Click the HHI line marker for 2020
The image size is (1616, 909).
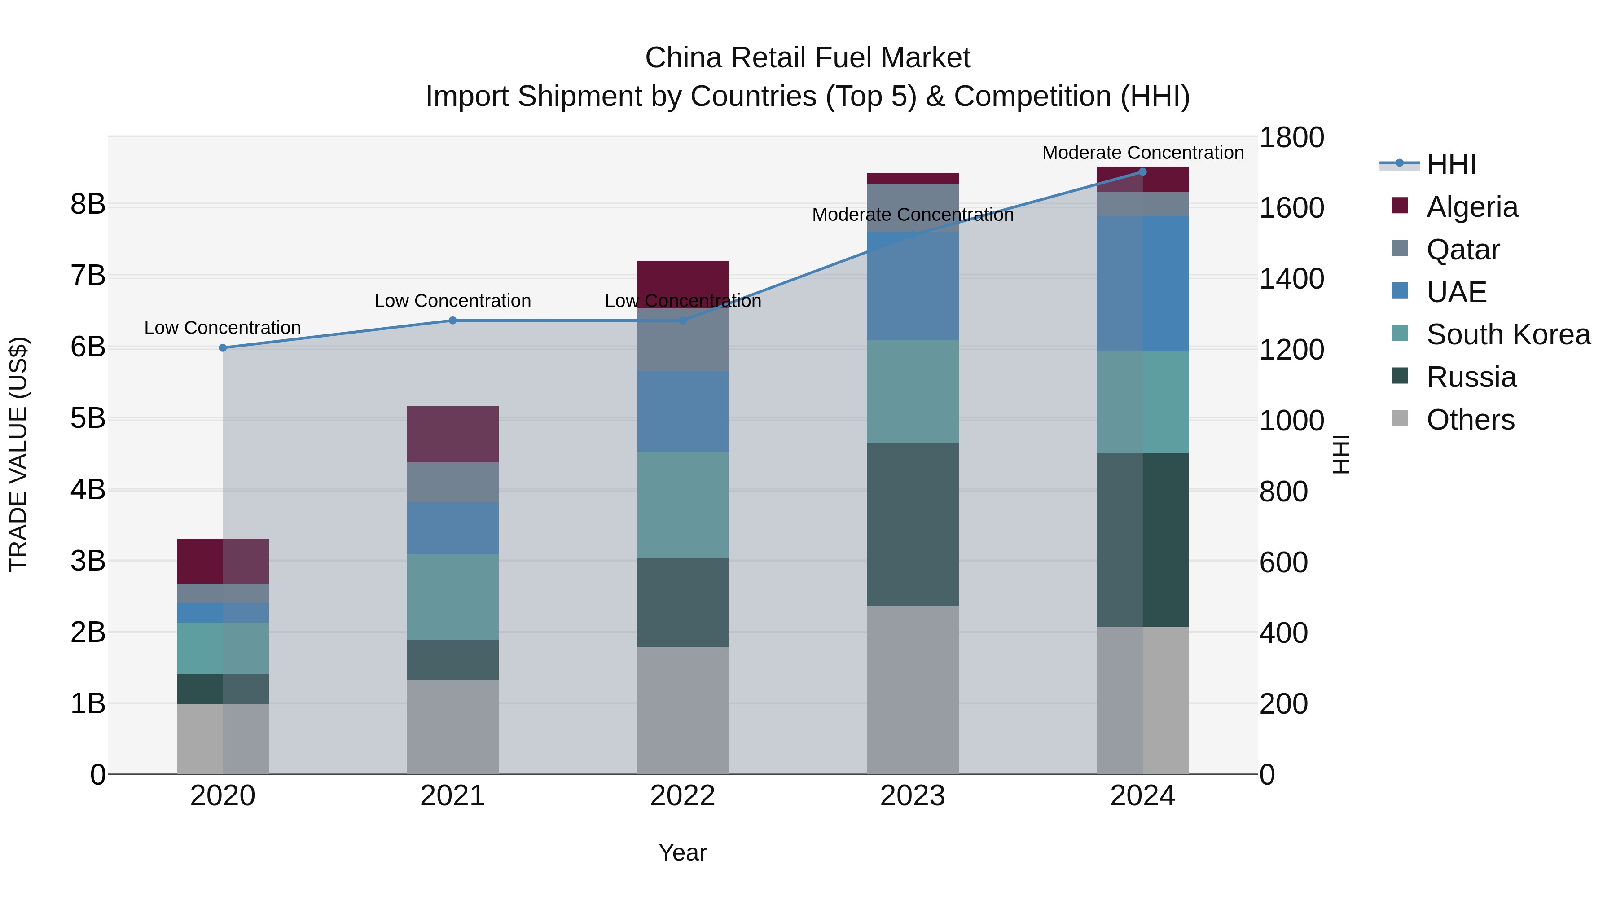223,347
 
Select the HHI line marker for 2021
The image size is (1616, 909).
452,321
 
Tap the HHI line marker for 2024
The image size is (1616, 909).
1142,172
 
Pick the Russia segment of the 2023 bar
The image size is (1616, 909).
913,524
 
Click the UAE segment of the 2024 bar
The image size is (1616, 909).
1142,284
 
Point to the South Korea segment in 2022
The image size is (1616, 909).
682,505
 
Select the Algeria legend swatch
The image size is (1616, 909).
1400,206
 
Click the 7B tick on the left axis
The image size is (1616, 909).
88,276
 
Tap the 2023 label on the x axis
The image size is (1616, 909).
913,796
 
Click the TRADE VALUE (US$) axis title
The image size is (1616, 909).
19,454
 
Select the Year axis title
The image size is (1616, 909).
682,852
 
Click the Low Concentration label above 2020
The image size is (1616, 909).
223,328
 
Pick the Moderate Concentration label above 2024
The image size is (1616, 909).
1142,153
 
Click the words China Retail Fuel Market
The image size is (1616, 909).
808,58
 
